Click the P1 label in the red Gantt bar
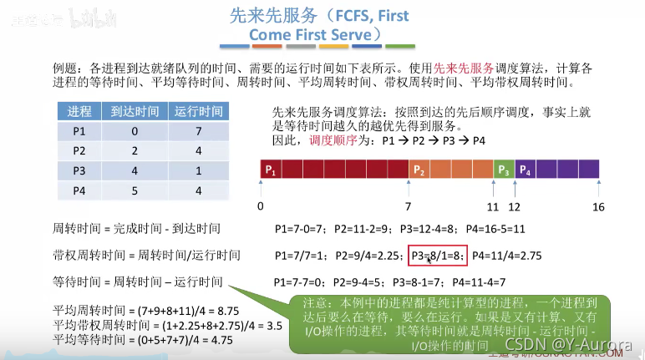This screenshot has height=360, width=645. pyautogui.click(x=270, y=170)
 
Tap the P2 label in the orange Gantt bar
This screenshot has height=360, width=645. pyautogui.click(x=420, y=170)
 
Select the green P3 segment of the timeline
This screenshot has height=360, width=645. pyautogui.click(x=503, y=170)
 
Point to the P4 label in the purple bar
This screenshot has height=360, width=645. pyautogui.click(x=525, y=170)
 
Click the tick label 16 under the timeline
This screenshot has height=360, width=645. pyautogui.click(x=598, y=205)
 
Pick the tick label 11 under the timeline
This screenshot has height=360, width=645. pyautogui.click(x=493, y=205)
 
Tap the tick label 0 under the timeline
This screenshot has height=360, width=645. pyautogui.click(x=261, y=205)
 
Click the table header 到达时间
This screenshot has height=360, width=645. pyautogui.click(x=135, y=111)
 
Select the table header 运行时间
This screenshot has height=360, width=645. pyautogui.click(x=198, y=111)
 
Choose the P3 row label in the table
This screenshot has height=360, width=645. pyautogui.click(x=79, y=170)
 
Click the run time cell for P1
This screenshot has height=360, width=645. pyautogui.click(x=198, y=130)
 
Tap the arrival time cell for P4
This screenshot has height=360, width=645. pyautogui.click(x=135, y=190)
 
